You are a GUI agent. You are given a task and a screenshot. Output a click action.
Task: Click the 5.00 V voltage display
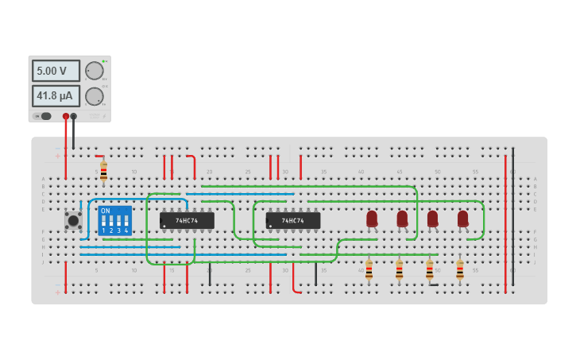tap(56, 71)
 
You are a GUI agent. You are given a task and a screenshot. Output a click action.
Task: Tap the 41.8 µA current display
tap(56, 96)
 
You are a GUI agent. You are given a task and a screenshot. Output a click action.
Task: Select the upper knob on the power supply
tap(94, 71)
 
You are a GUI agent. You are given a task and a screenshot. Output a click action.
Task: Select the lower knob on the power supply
tap(94, 96)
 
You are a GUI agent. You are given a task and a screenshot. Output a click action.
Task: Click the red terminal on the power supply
tap(66, 116)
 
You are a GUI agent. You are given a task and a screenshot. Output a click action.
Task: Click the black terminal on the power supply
tap(74, 116)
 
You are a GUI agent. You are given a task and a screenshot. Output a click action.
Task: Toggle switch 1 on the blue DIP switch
tap(104, 220)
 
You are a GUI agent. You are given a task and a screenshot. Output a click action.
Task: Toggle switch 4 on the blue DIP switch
tap(126, 220)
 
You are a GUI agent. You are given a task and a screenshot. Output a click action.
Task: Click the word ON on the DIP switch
tap(106, 211)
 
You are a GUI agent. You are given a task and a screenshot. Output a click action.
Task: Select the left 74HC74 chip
tap(187, 220)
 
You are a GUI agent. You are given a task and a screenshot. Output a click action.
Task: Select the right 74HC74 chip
tap(293, 220)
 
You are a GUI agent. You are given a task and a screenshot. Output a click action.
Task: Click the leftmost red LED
tap(372, 218)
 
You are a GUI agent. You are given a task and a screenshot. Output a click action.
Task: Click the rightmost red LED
tap(462, 218)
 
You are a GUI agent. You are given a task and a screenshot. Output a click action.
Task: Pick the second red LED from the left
tap(402, 218)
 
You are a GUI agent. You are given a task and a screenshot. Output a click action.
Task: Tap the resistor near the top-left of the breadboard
tap(103, 171)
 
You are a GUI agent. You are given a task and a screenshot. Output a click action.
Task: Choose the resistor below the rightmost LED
tap(459, 269)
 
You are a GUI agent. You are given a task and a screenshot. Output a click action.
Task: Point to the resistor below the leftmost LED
tap(369, 269)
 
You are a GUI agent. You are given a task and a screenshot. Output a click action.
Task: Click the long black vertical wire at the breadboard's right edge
tap(512, 215)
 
